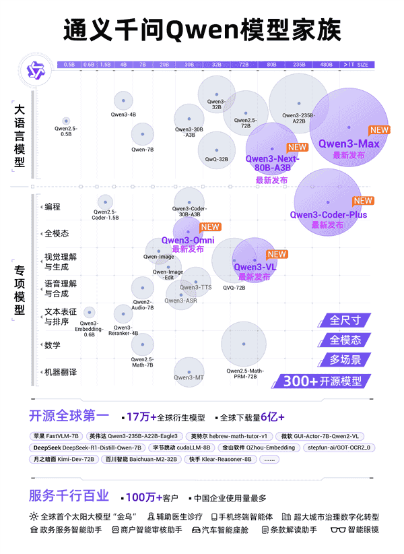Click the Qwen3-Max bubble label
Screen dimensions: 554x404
[349, 144]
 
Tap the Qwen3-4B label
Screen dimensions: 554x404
[123, 115]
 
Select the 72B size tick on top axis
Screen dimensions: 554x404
[244, 65]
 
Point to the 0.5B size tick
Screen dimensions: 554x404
[69, 65]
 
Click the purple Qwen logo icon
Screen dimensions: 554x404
[35, 69]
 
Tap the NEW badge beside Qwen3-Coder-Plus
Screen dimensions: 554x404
[363, 200]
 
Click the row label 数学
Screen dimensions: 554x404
[53, 345]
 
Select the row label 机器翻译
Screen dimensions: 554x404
[61, 372]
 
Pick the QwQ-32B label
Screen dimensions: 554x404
[216, 160]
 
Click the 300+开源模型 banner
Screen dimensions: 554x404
[322, 381]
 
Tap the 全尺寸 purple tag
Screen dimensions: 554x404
[345, 320]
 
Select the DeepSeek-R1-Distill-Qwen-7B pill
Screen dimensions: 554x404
[88, 447]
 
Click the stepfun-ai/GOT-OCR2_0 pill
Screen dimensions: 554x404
[339, 447]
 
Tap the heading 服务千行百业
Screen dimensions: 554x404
[69, 496]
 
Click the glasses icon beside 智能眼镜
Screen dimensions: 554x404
[338, 530]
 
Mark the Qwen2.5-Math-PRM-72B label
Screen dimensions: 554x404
[245, 374]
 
